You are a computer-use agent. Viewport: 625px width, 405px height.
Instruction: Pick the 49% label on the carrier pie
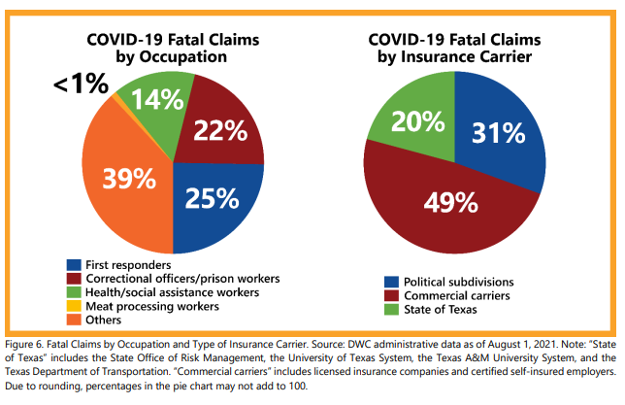tap(450, 202)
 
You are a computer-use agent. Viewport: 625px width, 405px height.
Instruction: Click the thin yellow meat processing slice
tap(115, 98)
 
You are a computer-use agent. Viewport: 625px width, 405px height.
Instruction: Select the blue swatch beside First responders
tap(74, 264)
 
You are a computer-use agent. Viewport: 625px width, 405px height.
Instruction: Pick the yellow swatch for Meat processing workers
tap(74, 306)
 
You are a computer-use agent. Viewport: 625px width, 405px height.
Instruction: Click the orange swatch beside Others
tap(74, 320)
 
